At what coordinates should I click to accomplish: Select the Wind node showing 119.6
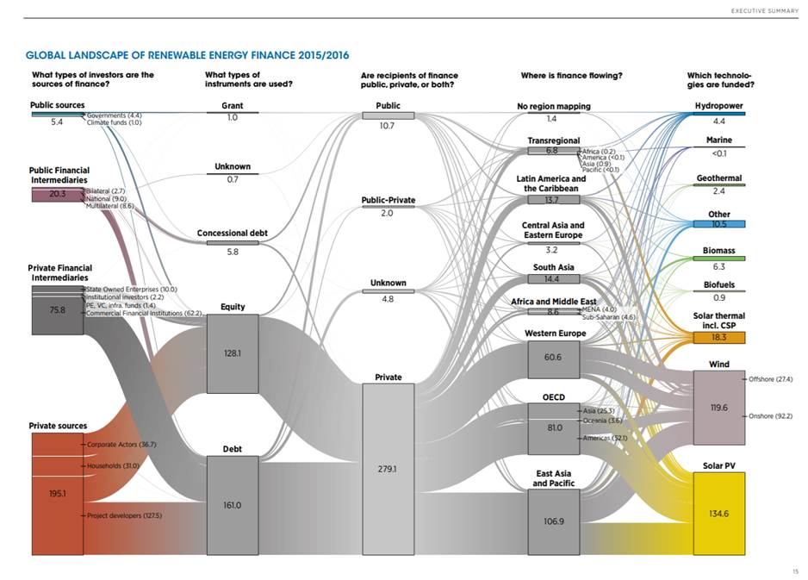point(718,408)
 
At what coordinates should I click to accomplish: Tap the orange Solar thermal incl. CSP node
point(718,337)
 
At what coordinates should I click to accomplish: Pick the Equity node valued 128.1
point(233,352)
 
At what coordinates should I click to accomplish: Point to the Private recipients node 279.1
point(388,470)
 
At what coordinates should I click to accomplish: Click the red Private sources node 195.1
point(57,493)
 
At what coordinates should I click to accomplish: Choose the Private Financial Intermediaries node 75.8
point(57,310)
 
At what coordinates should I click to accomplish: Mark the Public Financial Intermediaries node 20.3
point(57,194)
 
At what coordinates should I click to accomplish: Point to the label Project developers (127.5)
point(124,515)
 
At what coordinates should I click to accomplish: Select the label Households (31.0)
point(113,465)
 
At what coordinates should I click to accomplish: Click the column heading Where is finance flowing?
point(571,75)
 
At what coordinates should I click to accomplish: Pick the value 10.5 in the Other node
point(718,224)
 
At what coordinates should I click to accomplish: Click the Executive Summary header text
point(759,10)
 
